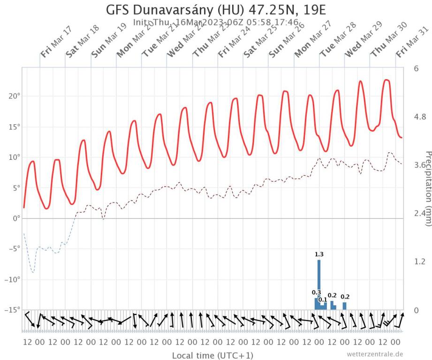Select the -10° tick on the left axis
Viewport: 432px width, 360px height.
[13, 280]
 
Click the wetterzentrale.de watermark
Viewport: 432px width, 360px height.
[375, 353]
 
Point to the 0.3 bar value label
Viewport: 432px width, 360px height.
[316, 292]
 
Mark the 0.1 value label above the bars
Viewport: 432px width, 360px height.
[322, 300]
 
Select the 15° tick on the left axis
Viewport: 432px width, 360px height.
[15, 127]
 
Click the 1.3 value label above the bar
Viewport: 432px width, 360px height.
[319, 255]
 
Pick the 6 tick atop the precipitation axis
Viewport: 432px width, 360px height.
[416, 68]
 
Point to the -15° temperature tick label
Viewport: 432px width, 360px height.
[13, 310]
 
